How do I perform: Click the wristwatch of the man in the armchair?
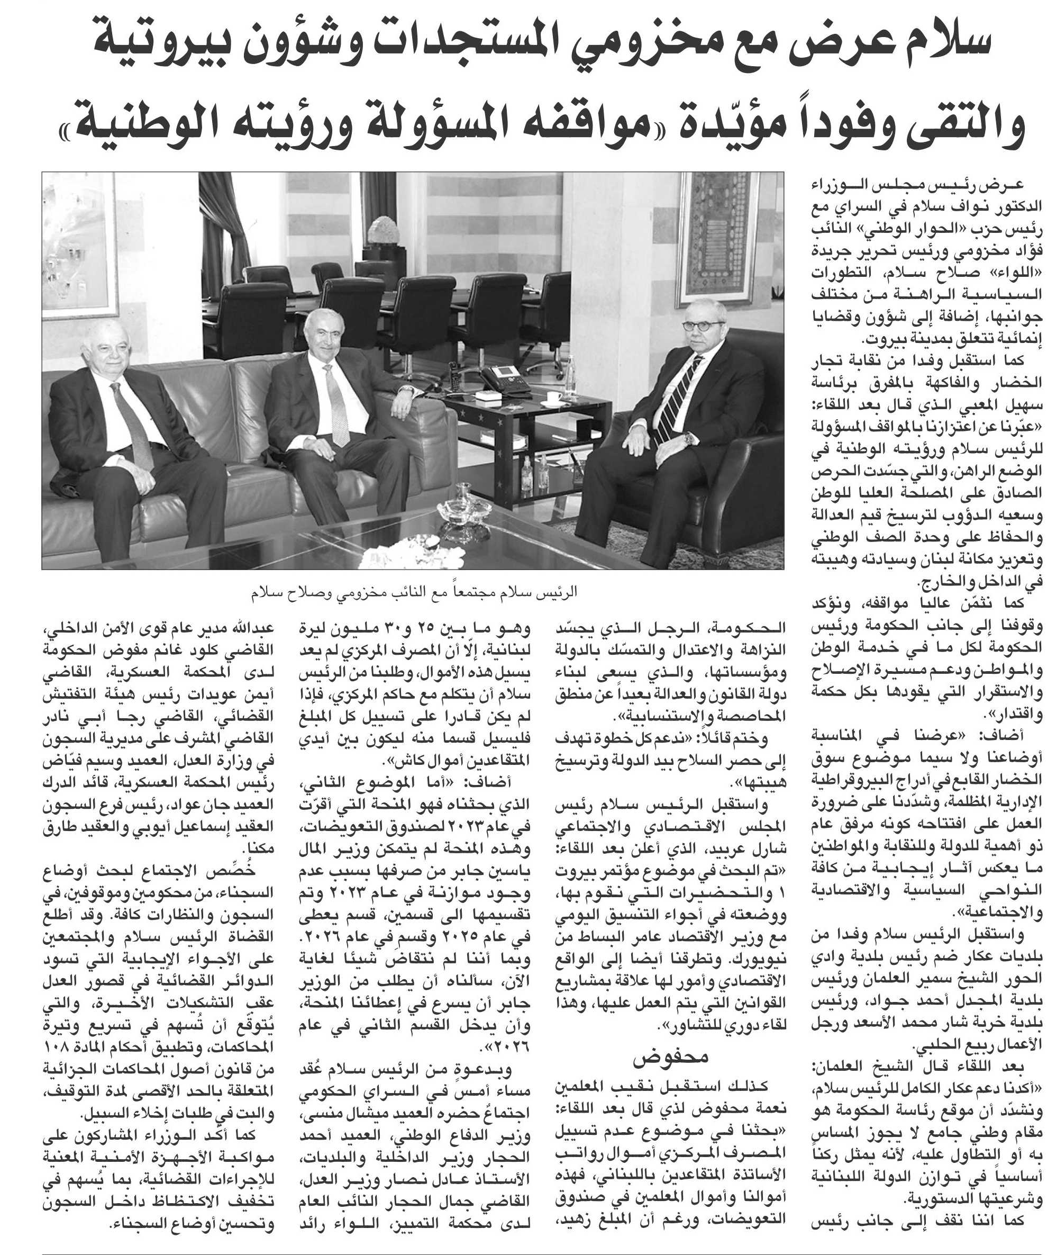(x=689, y=438)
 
